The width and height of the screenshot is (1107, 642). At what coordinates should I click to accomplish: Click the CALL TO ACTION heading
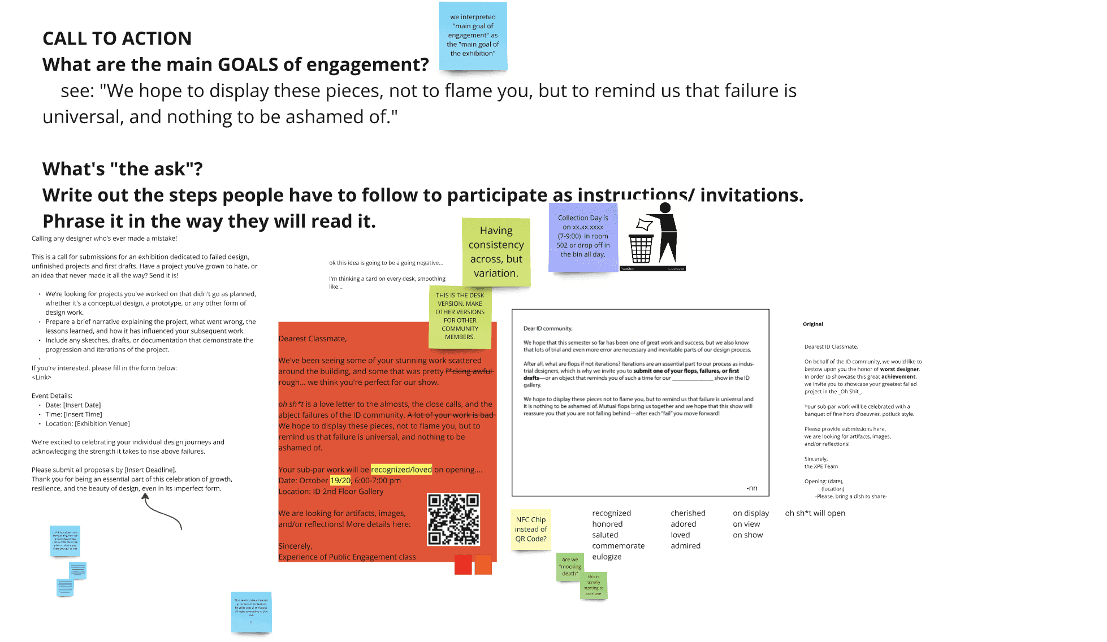click(x=117, y=38)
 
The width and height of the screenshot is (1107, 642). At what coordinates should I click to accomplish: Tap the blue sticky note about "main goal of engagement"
click(x=473, y=36)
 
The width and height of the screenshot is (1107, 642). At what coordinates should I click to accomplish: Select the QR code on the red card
click(x=453, y=519)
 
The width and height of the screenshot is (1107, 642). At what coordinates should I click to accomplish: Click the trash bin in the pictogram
click(x=641, y=249)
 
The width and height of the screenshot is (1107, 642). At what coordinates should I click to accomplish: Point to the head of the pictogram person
click(x=665, y=207)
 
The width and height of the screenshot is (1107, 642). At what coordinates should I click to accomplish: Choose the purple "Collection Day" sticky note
click(x=583, y=236)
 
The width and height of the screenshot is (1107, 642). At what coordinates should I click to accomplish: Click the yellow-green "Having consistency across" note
click(x=496, y=252)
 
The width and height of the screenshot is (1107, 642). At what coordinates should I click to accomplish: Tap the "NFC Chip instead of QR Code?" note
click(x=531, y=529)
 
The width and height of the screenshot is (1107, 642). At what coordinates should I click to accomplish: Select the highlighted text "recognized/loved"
click(x=401, y=470)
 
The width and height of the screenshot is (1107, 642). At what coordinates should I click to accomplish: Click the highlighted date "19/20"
click(x=340, y=480)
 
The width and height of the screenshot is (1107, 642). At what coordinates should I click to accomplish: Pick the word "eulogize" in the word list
click(x=607, y=557)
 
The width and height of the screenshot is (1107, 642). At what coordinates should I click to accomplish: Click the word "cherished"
click(x=688, y=513)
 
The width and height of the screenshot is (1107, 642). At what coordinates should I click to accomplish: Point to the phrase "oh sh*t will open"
click(x=815, y=513)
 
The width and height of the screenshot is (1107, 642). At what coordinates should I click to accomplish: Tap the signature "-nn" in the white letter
click(x=751, y=488)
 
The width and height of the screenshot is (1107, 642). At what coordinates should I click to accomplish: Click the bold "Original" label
click(x=812, y=324)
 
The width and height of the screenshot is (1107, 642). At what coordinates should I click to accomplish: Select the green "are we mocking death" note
click(x=570, y=566)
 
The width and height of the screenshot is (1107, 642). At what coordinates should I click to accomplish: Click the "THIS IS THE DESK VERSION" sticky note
click(x=460, y=316)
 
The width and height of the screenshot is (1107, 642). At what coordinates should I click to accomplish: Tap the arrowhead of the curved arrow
click(x=145, y=496)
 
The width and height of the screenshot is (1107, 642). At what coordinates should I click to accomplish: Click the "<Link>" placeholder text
click(x=41, y=378)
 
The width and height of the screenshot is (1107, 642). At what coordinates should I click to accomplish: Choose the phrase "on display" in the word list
click(x=751, y=513)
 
